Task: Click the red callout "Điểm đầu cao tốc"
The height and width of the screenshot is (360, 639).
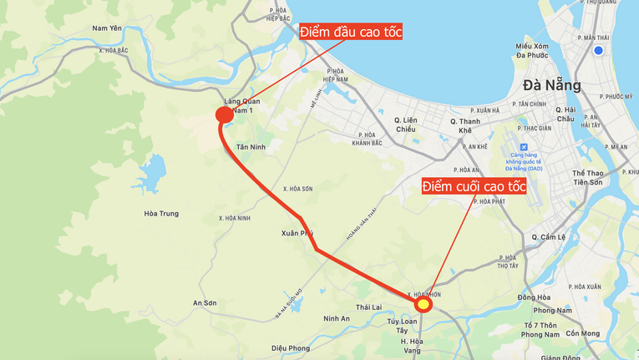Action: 351,33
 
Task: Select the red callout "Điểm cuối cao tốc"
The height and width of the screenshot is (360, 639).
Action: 474,186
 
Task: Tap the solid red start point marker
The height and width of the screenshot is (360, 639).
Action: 224,115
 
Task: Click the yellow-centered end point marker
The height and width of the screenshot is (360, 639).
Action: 423,304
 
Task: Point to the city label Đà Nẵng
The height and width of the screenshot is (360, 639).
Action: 551,85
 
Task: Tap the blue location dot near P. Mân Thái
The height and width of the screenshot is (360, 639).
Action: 598,51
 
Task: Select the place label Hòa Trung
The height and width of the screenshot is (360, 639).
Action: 161,214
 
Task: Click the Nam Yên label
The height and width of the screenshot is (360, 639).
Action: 107,28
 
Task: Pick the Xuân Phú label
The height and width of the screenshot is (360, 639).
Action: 297,234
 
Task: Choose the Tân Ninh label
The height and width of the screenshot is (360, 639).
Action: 251,147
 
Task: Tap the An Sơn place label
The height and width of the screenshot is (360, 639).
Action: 205,303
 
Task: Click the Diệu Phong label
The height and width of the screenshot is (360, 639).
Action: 291,348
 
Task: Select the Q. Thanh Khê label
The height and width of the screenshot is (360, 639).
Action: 465,126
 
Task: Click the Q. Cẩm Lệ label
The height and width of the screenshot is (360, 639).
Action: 549,236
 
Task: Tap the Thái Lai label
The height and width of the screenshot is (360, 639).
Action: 368,307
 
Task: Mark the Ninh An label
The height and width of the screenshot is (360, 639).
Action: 337,318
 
